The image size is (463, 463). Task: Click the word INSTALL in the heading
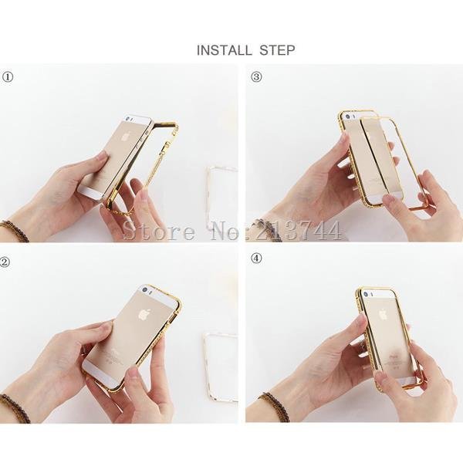click(224, 50)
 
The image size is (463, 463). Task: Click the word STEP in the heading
click(277, 50)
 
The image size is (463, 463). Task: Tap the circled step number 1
click(8, 77)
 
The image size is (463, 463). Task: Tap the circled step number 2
click(5, 262)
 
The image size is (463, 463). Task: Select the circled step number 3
click(256, 77)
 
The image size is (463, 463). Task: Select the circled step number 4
click(256, 259)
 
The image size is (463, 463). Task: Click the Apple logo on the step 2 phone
click(145, 314)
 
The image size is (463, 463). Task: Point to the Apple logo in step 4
click(383, 314)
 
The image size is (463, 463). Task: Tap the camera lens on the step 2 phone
click(145, 290)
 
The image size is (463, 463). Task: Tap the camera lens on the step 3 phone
click(349, 117)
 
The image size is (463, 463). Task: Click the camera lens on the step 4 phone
click(366, 295)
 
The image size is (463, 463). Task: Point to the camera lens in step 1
click(127, 120)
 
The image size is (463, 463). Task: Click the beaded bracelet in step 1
click(15, 231)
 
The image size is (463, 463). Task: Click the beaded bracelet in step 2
click(15, 407)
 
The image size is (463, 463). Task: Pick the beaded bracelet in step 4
click(275, 407)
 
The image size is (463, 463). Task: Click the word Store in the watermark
click(159, 231)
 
